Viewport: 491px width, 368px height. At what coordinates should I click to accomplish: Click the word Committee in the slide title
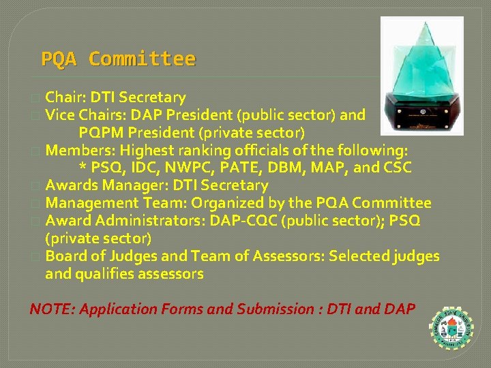tap(142, 59)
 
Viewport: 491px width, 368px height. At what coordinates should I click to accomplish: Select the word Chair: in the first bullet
tap(66, 97)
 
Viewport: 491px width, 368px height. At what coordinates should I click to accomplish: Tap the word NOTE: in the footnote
tap(52, 309)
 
